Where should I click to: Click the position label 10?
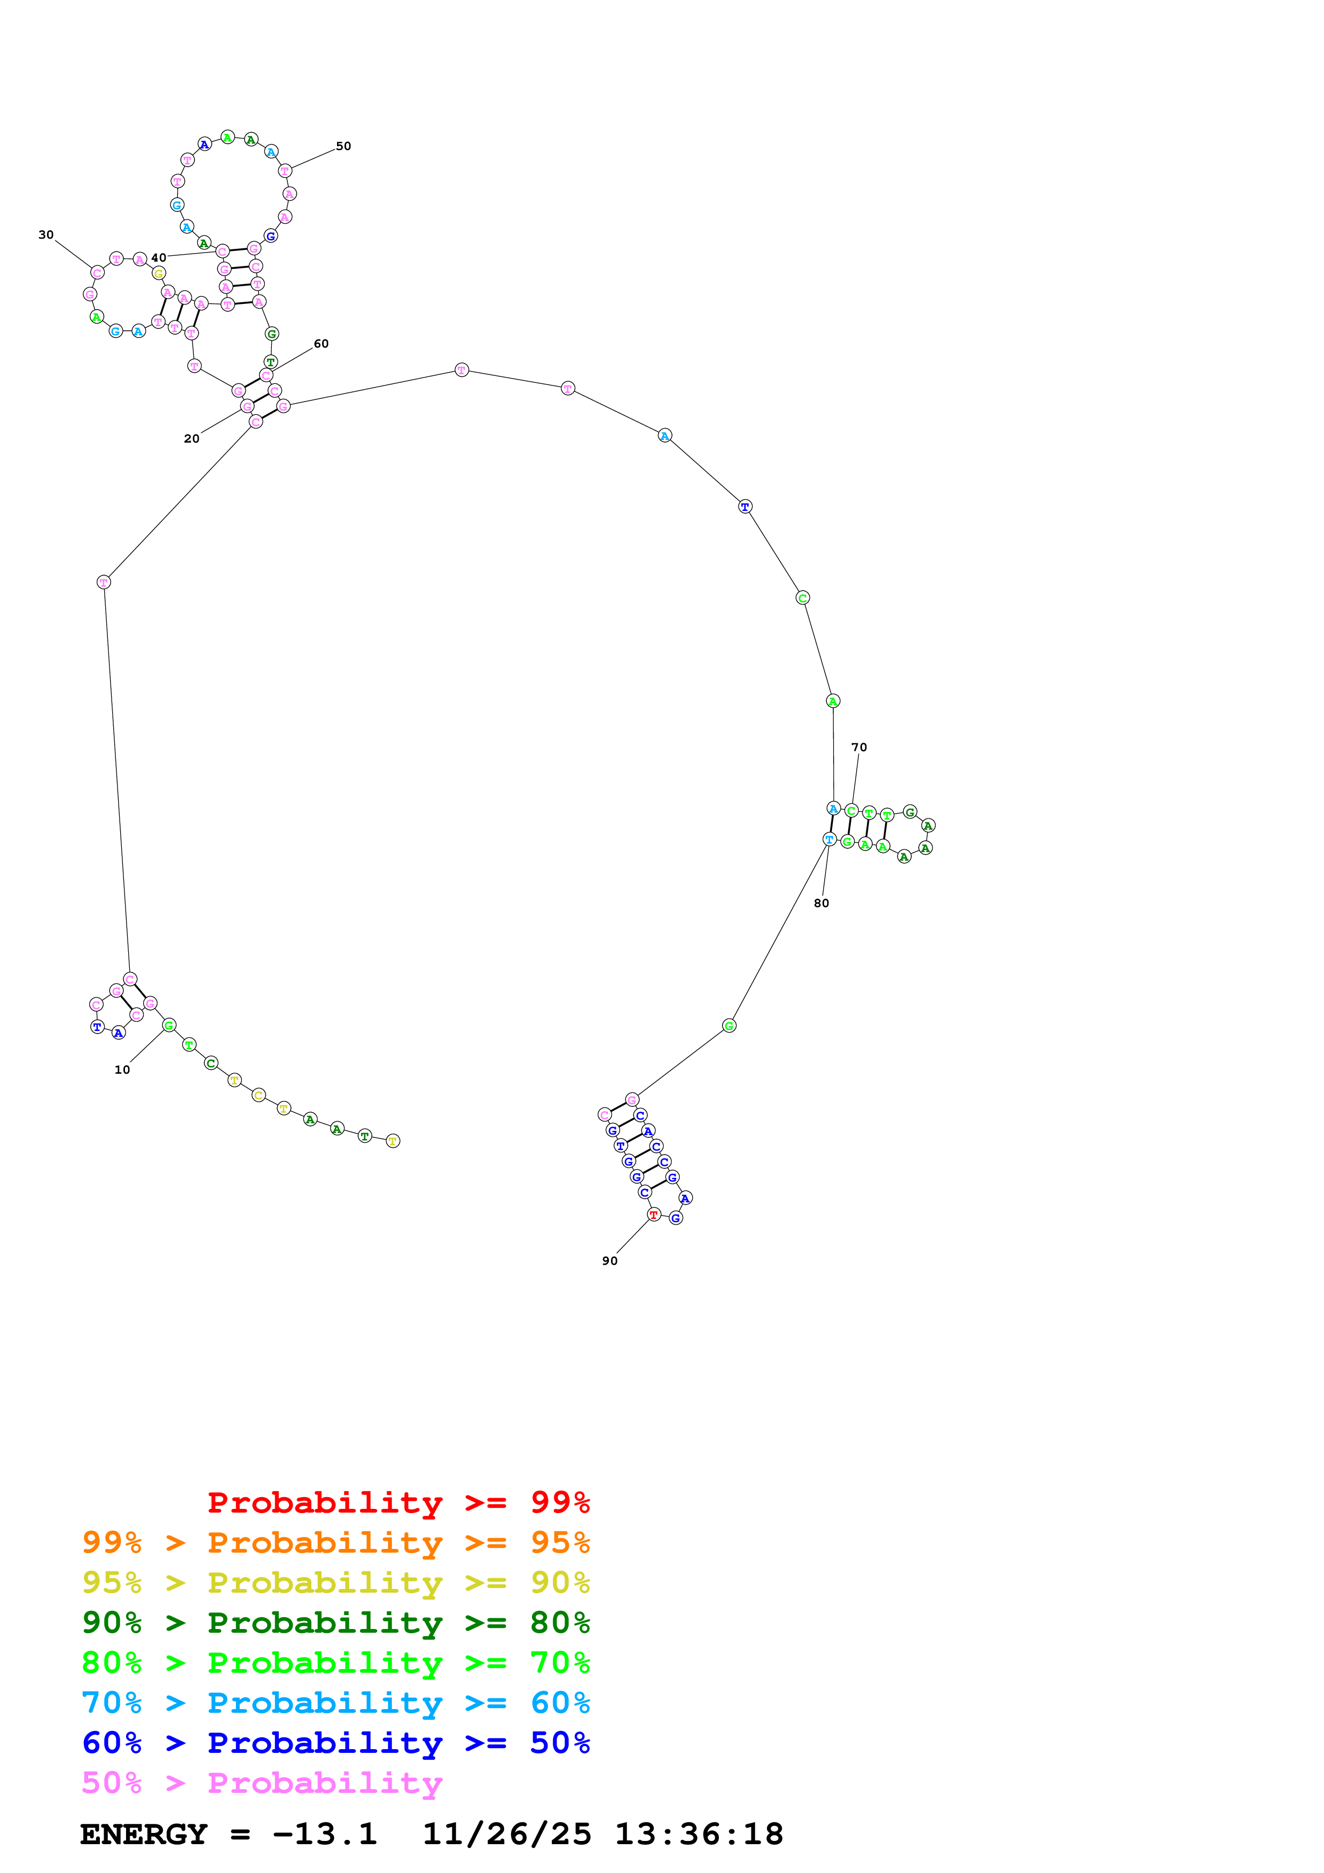(122, 1069)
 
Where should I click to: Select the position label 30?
(46, 235)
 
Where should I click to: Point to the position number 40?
(158, 258)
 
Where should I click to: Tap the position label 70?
(859, 747)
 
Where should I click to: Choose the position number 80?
(821, 903)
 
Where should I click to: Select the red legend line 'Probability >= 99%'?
(399, 1502)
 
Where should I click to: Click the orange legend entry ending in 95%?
(336, 1542)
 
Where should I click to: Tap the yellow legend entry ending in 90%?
(336, 1582)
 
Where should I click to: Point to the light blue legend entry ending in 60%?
(336, 1703)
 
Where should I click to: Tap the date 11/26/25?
(507, 1834)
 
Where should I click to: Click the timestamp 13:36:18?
(699, 1834)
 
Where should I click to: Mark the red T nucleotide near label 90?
(653, 1215)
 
